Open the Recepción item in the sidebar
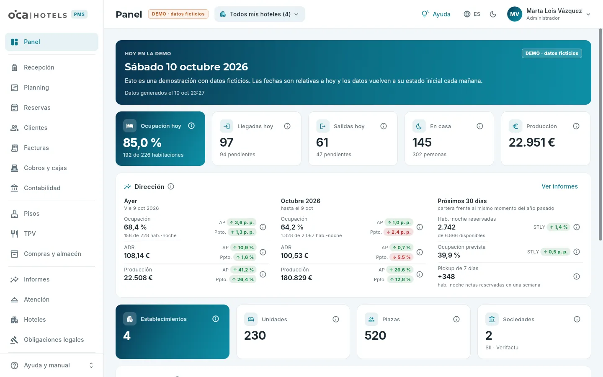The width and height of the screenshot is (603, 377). (39, 67)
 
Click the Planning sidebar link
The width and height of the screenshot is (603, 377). (36, 88)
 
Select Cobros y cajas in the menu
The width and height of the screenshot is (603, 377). (45, 168)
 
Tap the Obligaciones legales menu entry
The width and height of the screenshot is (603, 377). (54, 340)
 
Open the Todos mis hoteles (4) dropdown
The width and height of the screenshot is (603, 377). (260, 14)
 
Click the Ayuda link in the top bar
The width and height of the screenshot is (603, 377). (436, 14)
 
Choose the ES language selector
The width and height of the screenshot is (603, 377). (472, 14)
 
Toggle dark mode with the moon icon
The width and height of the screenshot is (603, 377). (493, 14)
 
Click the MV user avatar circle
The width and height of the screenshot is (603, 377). (514, 14)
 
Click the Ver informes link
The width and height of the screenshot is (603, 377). (559, 186)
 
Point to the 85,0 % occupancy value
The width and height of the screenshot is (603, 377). (142, 142)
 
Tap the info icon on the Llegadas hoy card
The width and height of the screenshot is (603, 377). (287, 126)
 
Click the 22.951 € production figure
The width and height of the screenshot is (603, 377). (532, 142)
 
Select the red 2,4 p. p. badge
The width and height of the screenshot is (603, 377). (398, 232)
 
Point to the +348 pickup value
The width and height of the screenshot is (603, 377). (446, 276)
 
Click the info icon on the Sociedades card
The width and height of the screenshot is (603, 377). (577, 319)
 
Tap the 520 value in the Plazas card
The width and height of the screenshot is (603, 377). (375, 336)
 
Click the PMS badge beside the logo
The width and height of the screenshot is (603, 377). (79, 14)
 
